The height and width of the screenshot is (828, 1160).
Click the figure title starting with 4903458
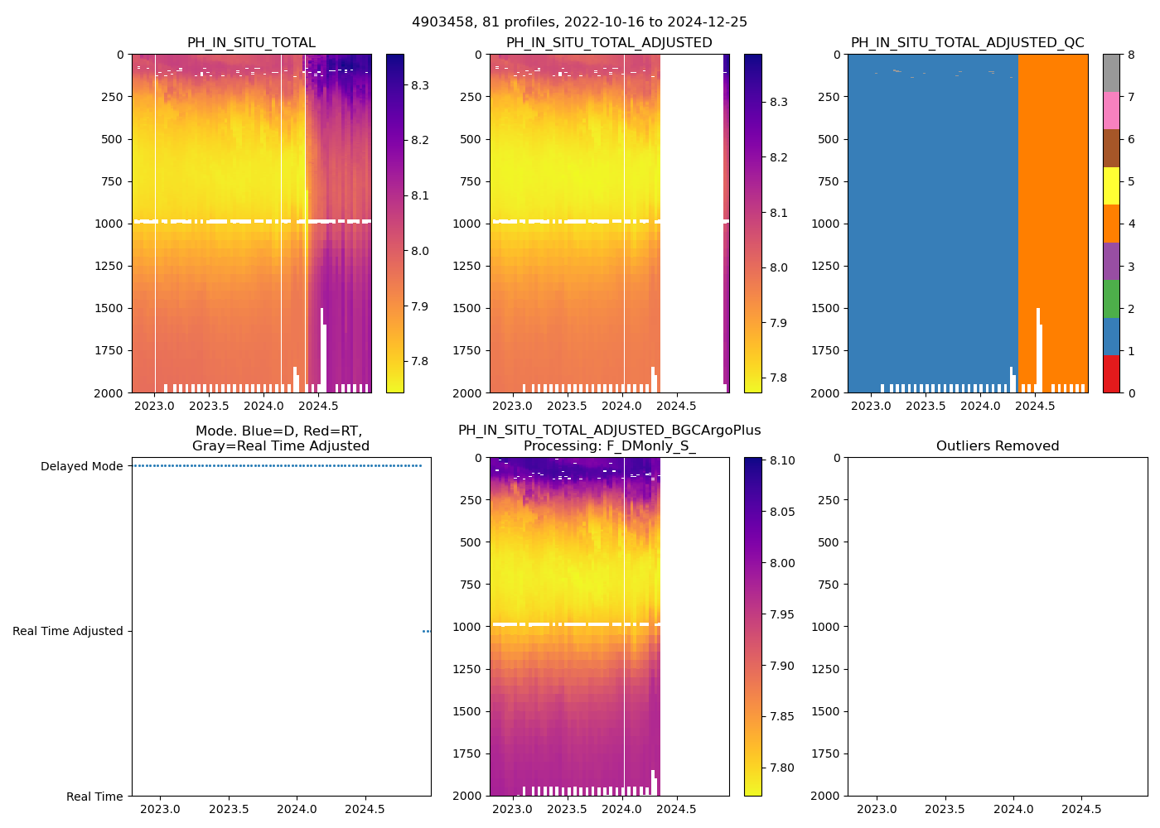coord(579,22)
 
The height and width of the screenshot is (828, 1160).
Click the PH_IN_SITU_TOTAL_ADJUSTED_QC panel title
coord(967,43)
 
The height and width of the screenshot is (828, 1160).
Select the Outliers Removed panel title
coord(997,446)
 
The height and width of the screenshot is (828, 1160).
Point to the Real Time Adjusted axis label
coord(67,631)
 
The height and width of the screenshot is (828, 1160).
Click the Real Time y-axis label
coord(94,797)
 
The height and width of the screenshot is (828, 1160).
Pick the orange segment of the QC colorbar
coord(1111,224)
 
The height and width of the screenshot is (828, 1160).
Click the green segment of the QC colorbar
coord(1111,299)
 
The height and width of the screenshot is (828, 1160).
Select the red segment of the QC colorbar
coord(1111,373)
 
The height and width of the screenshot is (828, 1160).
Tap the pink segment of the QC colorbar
coord(1111,111)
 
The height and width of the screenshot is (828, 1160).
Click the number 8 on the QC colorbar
coord(1131,55)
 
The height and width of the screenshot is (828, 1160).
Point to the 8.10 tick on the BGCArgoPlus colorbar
coord(781,461)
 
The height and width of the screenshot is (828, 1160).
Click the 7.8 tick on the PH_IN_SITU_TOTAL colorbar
coord(419,361)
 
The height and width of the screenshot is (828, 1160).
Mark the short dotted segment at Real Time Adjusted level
coord(426,631)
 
